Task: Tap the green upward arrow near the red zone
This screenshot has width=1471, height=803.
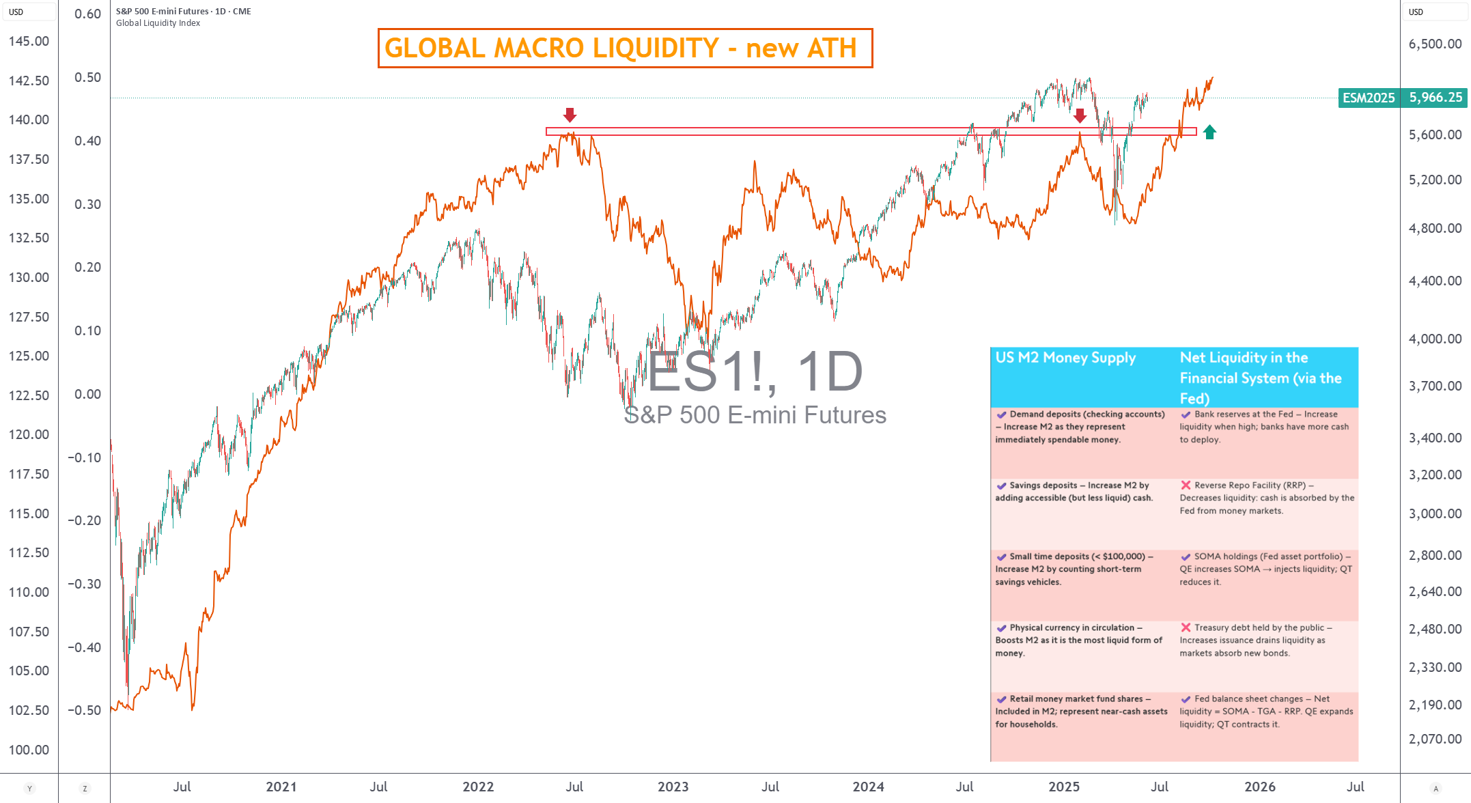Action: [x=1209, y=132]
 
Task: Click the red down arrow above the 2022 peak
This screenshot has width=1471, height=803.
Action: [x=570, y=115]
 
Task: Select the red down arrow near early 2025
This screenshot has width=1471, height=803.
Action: [x=1080, y=115]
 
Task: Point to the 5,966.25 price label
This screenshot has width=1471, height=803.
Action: [x=1435, y=98]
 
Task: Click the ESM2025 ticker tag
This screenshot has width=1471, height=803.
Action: [x=1368, y=98]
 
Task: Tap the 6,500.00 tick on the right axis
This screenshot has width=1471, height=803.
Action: [x=1435, y=44]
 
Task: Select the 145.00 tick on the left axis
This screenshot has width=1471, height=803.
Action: [x=29, y=41]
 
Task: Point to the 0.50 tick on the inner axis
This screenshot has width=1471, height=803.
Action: [x=87, y=77]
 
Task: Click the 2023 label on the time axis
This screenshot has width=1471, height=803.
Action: [x=673, y=787]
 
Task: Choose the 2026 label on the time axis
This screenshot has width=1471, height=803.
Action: [x=1259, y=787]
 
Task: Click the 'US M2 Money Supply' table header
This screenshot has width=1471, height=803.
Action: [x=1065, y=358]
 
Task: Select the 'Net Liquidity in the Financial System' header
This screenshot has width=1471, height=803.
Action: [x=1260, y=378]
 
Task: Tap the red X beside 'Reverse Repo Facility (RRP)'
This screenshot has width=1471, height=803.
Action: [x=1186, y=485]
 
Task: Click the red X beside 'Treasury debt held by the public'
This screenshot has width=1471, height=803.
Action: [x=1186, y=628]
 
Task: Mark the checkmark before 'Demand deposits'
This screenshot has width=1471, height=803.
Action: [x=1001, y=414]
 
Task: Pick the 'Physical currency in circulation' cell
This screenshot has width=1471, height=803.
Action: [x=1079, y=640]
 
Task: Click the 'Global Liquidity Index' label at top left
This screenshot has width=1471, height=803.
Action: [x=158, y=23]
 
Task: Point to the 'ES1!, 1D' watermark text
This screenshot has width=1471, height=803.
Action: [x=755, y=372]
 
